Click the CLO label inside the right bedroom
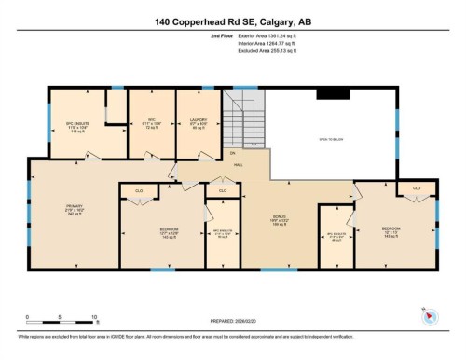point(417,189)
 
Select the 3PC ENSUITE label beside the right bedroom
point(336,234)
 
